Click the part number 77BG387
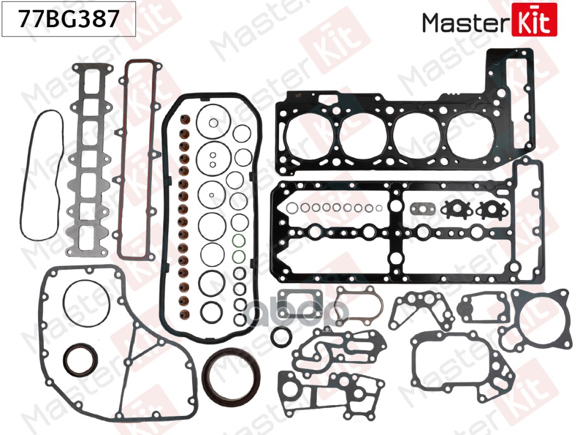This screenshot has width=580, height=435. click(x=69, y=20)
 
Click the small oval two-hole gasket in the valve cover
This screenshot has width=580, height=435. click(x=421, y=209)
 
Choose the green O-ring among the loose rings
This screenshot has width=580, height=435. click(x=238, y=242)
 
